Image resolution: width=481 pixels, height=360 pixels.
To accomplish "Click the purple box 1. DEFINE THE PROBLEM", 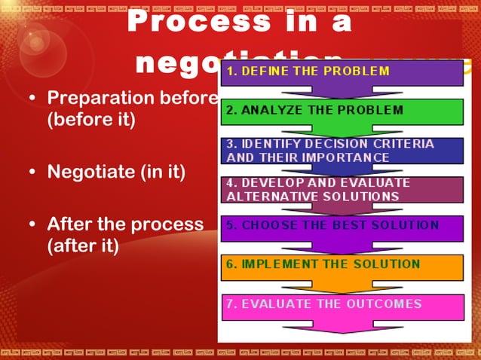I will [342, 73].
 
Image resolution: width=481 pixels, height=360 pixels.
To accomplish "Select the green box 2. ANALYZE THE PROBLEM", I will [342, 111].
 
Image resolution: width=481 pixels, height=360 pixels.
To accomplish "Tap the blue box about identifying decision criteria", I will [342, 151].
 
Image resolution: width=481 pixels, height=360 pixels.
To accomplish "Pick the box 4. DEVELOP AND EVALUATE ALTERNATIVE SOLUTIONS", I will [342, 190].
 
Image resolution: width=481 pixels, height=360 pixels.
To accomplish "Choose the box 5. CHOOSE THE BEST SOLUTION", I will [342, 227].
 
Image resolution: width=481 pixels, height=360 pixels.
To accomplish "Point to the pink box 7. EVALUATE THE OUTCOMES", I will [342, 306].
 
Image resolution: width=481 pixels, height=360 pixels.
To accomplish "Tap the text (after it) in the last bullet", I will [83, 246].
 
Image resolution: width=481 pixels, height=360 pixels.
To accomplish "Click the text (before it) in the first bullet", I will [91, 121].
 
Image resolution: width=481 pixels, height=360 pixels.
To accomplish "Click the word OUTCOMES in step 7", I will [386, 304].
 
